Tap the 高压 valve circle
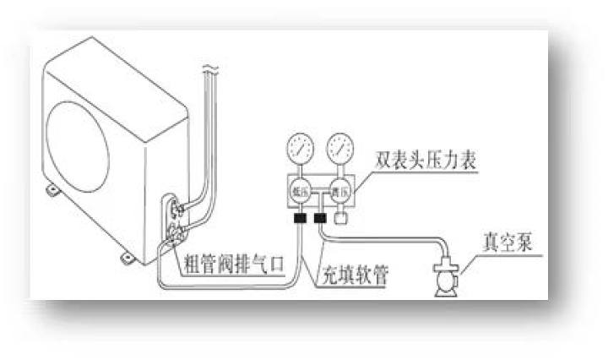340,192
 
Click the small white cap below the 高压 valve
340,218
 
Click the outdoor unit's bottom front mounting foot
126,255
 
